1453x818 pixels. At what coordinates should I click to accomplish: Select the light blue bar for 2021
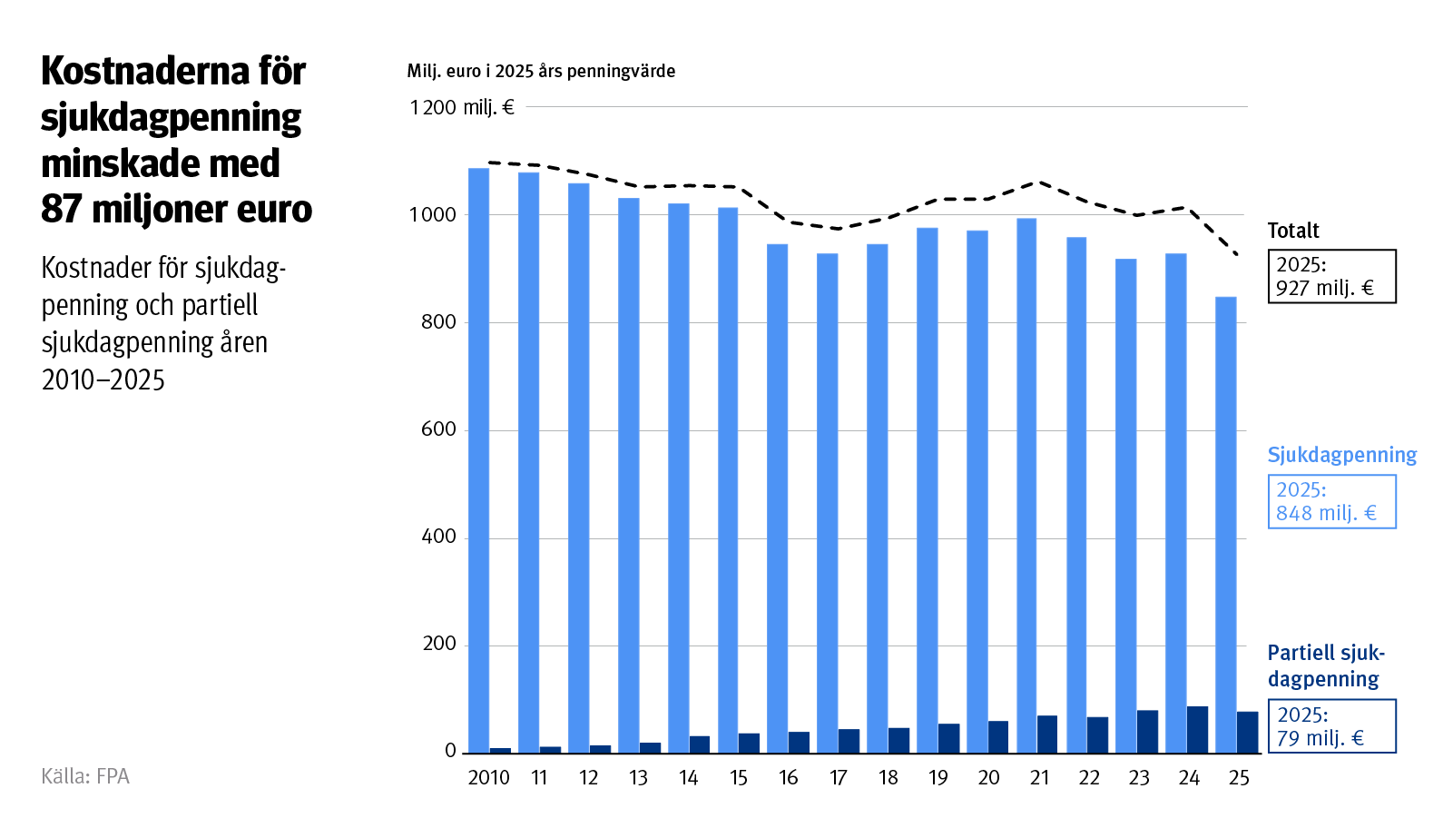(x=1026, y=486)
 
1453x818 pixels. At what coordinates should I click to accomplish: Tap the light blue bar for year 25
(x=1225, y=525)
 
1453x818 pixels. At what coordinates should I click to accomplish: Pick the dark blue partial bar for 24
(x=1197, y=730)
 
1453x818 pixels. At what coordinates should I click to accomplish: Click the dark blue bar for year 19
(x=948, y=738)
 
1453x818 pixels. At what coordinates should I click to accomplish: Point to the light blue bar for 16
(x=777, y=498)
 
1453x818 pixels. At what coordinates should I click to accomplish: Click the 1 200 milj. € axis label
(x=462, y=108)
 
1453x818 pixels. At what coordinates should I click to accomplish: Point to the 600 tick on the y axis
(x=438, y=429)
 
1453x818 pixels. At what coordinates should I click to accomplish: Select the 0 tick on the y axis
(x=450, y=752)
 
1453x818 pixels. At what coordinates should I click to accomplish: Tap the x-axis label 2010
(x=488, y=778)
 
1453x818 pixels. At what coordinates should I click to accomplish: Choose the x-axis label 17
(x=838, y=778)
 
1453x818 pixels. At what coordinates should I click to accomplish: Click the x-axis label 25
(x=1239, y=778)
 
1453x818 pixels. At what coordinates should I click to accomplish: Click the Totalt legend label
(x=1293, y=231)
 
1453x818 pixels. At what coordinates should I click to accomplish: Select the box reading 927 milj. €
(x=1331, y=277)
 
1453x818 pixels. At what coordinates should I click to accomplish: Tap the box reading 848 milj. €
(x=1331, y=502)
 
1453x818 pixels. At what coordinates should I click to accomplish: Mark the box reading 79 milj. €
(x=1331, y=726)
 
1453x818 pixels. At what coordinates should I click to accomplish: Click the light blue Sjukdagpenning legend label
(x=1341, y=455)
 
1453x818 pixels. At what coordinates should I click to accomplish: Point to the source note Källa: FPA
(x=85, y=776)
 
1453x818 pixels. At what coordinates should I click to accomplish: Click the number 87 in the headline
(x=61, y=210)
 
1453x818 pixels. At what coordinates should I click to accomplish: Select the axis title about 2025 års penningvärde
(x=541, y=71)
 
